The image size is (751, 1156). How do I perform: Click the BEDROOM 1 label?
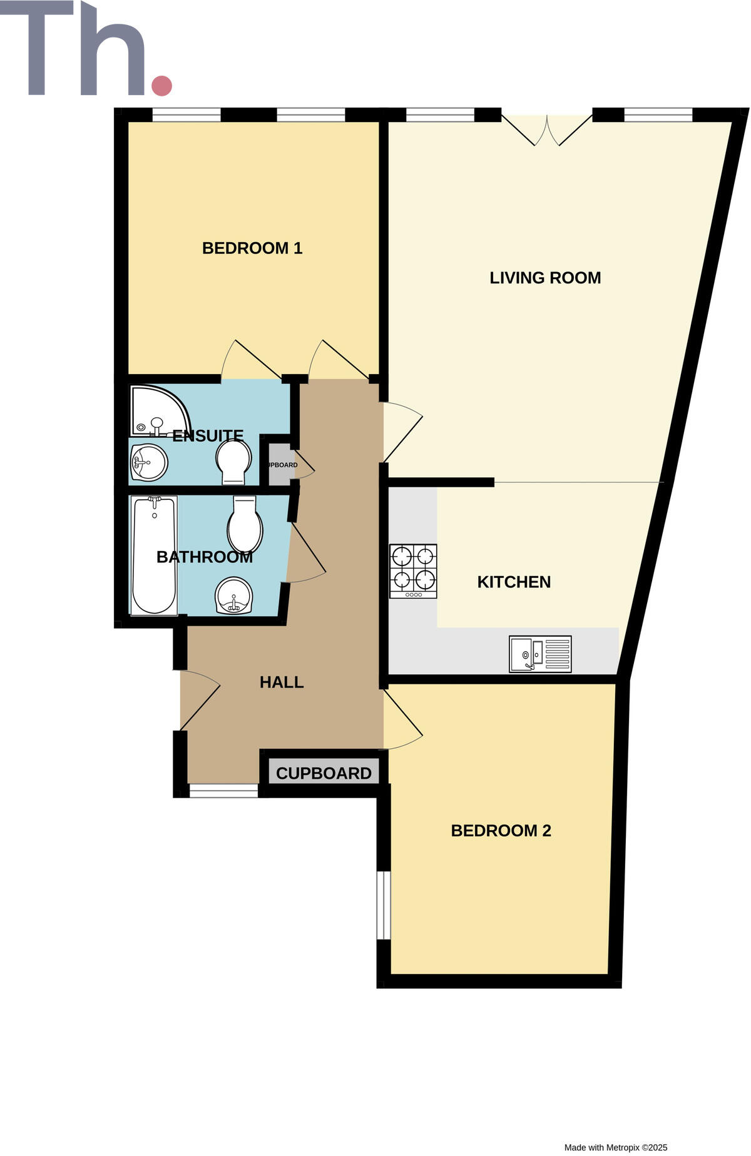click(x=252, y=248)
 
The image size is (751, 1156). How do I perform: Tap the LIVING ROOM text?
click(x=544, y=278)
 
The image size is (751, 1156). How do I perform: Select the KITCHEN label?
click(x=514, y=582)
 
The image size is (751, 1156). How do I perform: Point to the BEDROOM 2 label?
click(x=501, y=831)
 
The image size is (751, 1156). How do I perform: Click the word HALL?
click(x=282, y=682)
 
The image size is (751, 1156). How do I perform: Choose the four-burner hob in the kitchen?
click(x=413, y=570)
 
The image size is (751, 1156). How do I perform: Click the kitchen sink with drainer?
click(x=540, y=654)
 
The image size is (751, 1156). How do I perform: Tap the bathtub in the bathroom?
click(x=154, y=555)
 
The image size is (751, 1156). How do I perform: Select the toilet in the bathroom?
click(x=245, y=524)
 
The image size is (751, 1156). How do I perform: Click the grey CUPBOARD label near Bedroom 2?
click(x=324, y=773)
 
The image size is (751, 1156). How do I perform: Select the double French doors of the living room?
click(x=547, y=130)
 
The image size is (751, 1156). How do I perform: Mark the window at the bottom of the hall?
click(x=223, y=791)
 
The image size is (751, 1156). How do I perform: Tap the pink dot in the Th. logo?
click(x=162, y=86)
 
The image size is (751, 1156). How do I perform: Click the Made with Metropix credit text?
click(x=616, y=1147)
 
